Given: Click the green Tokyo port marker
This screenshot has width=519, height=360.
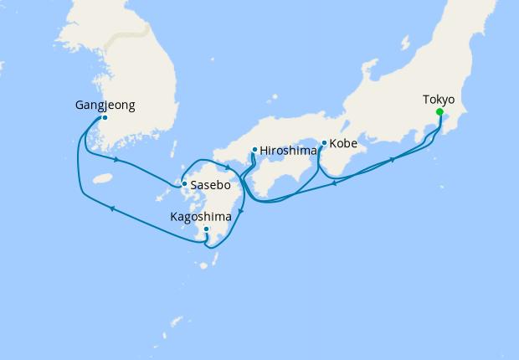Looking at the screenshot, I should click(x=439, y=111).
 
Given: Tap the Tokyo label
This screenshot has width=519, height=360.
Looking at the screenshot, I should click(x=439, y=100).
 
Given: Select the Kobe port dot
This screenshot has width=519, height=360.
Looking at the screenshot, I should click(x=324, y=142).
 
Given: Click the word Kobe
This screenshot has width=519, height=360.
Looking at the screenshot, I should click(x=343, y=144).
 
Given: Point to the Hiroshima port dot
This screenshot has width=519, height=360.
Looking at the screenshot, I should click(x=254, y=151).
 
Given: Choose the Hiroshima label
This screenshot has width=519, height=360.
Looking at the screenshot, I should click(x=288, y=151).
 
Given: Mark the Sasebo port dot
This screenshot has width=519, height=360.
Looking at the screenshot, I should click(x=184, y=184).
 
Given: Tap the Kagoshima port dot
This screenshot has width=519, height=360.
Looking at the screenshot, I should click(x=206, y=229).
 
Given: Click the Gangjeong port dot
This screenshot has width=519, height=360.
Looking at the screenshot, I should click(x=104, y=118).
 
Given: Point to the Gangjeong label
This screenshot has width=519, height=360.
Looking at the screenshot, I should click(x=104, y=106).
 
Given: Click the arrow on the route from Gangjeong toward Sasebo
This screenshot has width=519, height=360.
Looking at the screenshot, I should click(x=116, y=159).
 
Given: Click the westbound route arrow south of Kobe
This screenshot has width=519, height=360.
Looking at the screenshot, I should click(x=333, y=183).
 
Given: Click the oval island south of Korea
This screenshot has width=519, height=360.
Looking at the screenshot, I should click(x=102, y=178).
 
